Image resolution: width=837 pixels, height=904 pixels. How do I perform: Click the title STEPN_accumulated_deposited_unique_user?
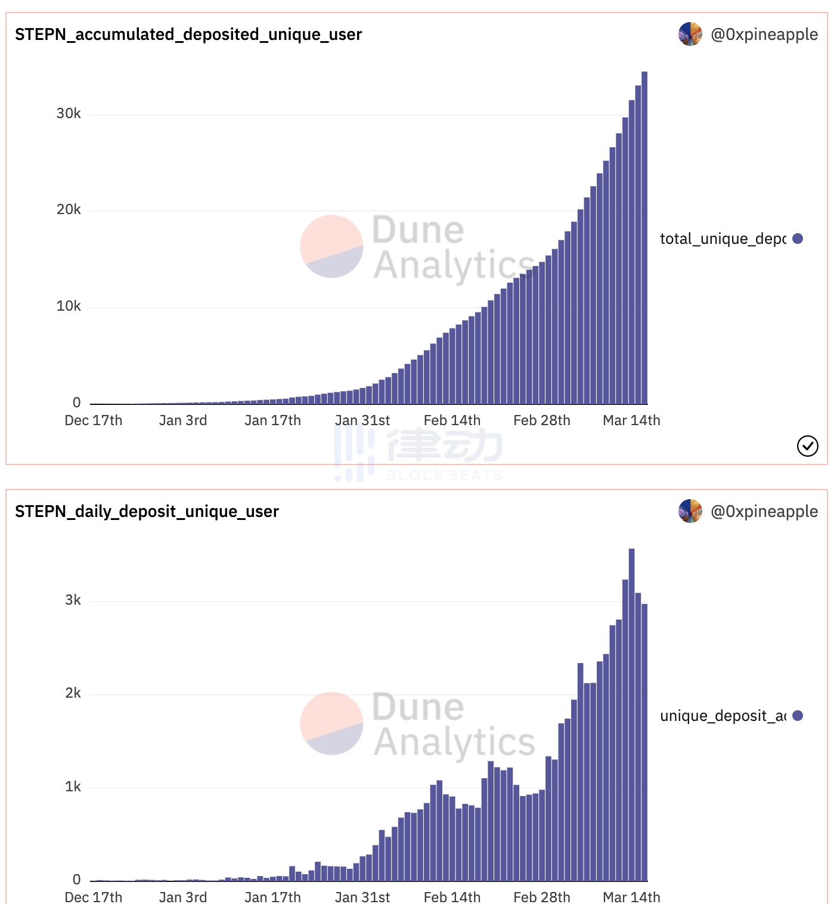tap(188, 35)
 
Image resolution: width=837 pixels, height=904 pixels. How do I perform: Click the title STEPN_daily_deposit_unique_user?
tap(147, 512)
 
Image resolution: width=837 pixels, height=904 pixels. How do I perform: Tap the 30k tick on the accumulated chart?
tap(69, 113)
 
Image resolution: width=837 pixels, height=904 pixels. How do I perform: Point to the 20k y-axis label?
tap(69, 210)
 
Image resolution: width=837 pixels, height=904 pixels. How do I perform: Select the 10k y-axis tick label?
tap(69, 307)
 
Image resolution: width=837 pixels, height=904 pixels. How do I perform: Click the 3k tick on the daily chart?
tap(73, 600)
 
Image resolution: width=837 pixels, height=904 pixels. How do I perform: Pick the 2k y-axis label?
tap(73, 693)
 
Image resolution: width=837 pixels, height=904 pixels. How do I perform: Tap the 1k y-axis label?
tap(73, 787)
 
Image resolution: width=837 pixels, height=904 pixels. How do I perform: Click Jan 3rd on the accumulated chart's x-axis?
tap(183, 420)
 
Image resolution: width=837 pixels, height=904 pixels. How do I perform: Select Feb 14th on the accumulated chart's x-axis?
tap(452, 420)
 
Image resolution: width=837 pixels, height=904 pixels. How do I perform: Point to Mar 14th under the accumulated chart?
tap(631, 420)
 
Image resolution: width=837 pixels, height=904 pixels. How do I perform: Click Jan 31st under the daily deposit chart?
tap(362, 897)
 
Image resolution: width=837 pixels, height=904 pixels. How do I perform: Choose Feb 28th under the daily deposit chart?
tap(541, 897)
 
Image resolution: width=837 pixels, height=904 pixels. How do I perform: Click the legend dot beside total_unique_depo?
tap(798, 239)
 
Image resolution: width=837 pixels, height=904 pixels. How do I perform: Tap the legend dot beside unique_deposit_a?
tap(798, 716)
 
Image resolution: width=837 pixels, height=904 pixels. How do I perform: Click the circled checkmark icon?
tap(808, 446)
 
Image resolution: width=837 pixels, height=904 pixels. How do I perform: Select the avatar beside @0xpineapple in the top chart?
tap(690, 34)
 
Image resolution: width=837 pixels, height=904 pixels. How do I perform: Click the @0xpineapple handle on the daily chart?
tap(764, 512)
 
